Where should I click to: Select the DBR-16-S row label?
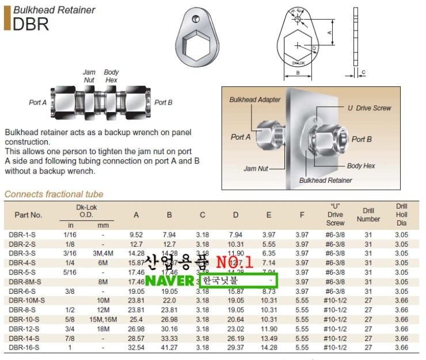click(x=24, y=348)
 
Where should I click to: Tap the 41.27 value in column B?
click(x=169, y=348)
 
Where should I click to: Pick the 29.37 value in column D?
click(x=235, y=348)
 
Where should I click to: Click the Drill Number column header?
click(x=368, y=215)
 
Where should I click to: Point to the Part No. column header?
click(x=29, y=215)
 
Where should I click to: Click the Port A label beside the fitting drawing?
click(x=38, y=102)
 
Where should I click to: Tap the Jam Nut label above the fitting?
click(x=89, y=76)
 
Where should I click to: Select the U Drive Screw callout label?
click(x=369, y=108)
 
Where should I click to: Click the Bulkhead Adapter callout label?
click(x=255, y=99)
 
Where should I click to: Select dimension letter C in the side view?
click(x=363, y=72)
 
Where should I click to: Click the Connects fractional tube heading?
click(x=54, y=194)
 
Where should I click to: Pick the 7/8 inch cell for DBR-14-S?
click(x=71, y=339)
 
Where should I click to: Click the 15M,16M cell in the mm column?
click(x=103, y=320)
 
